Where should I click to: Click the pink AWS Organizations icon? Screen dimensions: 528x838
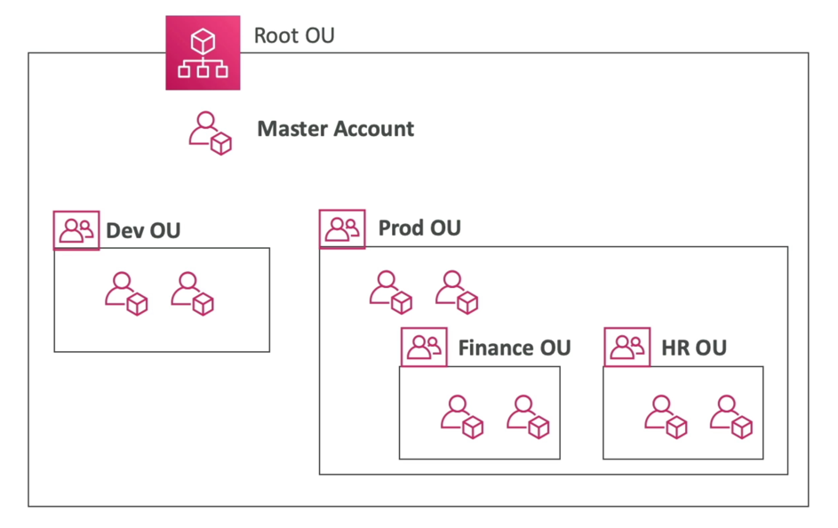point(203,52)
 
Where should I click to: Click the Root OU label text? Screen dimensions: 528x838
point(294,36)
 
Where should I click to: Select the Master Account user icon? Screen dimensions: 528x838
point(210,133)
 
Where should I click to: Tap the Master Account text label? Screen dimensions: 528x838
point(335,129)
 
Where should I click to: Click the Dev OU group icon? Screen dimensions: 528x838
point(76,230)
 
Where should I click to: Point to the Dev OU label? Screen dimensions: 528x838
point(143,231)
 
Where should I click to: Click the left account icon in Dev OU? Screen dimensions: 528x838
point(126,293)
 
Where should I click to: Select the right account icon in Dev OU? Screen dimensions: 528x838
point(192,293)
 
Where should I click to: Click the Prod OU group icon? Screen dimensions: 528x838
point(342,228)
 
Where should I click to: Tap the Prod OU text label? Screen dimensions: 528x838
point(419,228)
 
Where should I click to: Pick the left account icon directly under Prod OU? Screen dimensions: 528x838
point(391,292)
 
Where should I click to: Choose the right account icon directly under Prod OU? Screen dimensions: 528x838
point(457,292)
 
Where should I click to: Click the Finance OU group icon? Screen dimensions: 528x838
point(424,347)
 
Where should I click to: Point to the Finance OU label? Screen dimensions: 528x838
point(514,348)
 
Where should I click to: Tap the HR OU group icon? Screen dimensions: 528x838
point(627,347)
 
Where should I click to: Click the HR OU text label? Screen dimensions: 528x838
point(693,348)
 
